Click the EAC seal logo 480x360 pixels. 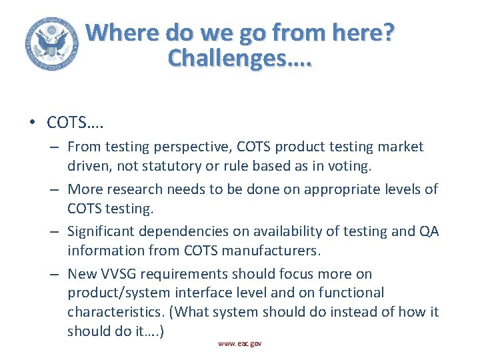coord(50,44)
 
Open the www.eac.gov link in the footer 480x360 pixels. coord(239,343)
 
